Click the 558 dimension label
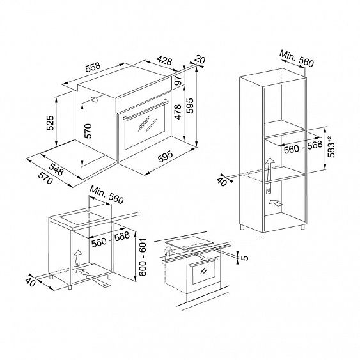click(93, 67)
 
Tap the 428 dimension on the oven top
click(164, 60)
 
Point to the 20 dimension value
click(200, 59)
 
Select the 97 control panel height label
click(178, 80)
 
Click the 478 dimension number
click(178, 112)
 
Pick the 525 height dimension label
click(50, 123)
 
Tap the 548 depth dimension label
click(56, 169)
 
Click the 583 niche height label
click(331, 147)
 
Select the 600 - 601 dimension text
click(143, 257)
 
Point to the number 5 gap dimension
click(245, 258)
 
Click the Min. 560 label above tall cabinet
click(297, 59)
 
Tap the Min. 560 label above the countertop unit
click(107, 194)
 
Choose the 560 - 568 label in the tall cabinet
click(303, 148)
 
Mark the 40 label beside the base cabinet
click(30, 282)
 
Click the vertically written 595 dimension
click(190, 106)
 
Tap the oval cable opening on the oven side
click(95, 99)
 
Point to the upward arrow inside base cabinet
click(78, 257)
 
